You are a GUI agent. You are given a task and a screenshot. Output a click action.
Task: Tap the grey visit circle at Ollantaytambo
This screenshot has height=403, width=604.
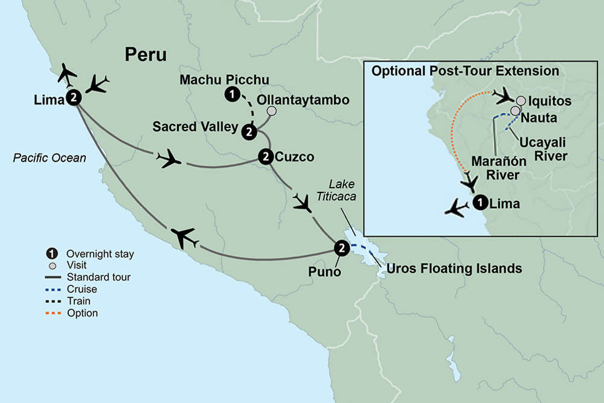tap(272, 111)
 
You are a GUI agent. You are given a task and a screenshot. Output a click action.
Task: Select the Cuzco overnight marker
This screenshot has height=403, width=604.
tap(265, 157)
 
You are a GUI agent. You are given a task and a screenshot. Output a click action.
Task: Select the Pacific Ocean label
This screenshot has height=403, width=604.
tap(50, 158)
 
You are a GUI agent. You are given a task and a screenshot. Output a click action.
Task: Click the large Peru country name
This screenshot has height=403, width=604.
tap(146, 55)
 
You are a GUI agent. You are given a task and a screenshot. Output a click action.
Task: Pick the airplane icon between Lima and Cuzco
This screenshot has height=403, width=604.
tap(169, 159)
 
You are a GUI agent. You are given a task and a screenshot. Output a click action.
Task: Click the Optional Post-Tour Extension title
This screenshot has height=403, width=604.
tap(465, 71)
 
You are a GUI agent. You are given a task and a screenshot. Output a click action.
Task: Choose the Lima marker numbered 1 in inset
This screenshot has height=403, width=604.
tap(480, 203)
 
